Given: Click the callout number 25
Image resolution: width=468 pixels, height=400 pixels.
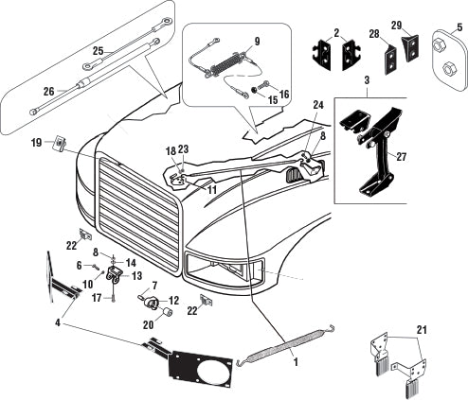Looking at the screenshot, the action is (x=99, y=51).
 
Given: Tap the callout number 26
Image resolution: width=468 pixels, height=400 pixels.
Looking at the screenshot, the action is (x=49, y=92).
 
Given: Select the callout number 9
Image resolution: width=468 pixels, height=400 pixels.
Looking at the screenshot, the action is (x=257, y=42).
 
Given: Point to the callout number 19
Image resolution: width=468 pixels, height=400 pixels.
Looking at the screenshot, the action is (x=36, y=143).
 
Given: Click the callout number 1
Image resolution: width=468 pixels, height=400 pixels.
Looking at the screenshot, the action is (x=296, y=362).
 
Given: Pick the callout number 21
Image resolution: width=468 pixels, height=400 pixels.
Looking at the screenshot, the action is (x=422, y=330).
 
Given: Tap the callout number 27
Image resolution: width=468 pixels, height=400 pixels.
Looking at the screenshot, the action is (x=401, y=157).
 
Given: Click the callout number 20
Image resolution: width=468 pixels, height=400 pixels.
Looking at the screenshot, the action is (x=148, y=325).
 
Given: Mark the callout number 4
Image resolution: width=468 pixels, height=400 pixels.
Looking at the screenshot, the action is (x=58, y=322).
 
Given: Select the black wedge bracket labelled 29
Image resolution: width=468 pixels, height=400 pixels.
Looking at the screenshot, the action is (x=411, y=46).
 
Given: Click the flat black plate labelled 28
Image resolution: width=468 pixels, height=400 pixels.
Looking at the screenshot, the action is (x=391, y=60).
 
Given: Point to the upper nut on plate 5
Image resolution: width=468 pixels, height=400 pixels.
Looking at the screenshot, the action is (x=438, y=46).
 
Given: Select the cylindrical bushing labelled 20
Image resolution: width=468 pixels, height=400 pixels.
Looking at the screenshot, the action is (x=167, y=313).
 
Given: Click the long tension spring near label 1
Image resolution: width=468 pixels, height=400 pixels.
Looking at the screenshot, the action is (x=285, y=347).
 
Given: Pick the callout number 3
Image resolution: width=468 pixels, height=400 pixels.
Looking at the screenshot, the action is (x=367, y=80).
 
